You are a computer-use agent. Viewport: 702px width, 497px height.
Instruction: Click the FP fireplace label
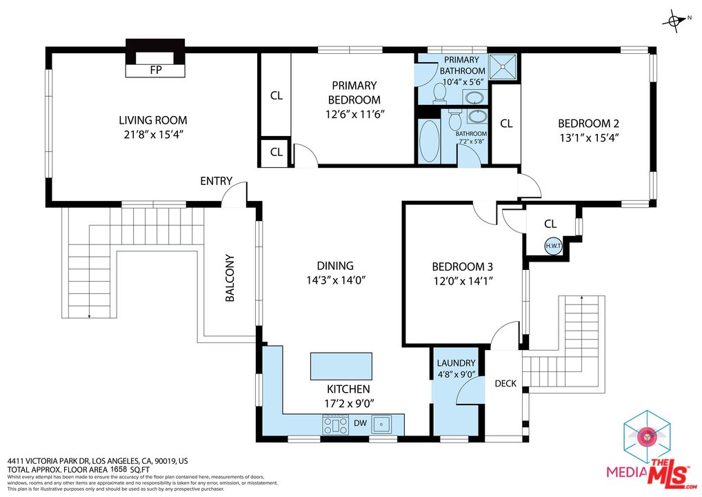point(155,70)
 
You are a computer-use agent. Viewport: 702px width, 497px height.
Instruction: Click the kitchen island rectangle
point(341,364)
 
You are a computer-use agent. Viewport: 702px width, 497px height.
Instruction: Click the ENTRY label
point(216,181)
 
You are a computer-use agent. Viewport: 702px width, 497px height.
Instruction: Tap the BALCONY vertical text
point(230,280)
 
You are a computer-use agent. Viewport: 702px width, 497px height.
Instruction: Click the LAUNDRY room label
point(456,363)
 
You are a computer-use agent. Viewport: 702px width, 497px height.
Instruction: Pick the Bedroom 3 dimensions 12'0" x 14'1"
point(462,281)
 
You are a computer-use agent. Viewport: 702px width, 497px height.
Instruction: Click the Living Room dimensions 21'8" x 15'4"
point(152,135)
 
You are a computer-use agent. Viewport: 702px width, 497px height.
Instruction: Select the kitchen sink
point(381,423)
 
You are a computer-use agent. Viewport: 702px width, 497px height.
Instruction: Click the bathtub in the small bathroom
point(429,141)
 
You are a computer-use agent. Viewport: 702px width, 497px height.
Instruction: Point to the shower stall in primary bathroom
point(504,66)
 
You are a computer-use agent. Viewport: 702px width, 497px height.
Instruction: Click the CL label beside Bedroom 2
point(506,124)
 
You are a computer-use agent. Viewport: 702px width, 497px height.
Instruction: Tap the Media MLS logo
point(648,449)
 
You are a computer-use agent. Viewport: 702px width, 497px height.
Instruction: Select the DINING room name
point(335,266)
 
